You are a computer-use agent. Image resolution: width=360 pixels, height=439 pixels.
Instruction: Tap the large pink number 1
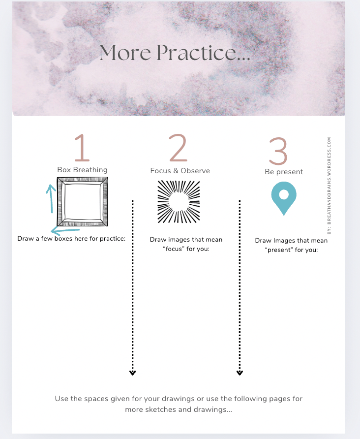tap(82, 148)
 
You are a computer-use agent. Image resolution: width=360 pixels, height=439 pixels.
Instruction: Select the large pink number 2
tap(178, 148)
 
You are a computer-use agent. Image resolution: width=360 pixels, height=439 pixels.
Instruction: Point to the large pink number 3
tap(278, 151)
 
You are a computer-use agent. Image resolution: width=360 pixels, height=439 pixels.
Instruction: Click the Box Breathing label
tap(82, 170)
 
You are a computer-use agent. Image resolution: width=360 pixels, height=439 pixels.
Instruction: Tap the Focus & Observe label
tap(180, 171)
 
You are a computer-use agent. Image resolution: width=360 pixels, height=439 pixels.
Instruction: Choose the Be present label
tap(284, 172)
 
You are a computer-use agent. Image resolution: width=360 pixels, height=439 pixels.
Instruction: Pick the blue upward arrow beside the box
tap(51, 198)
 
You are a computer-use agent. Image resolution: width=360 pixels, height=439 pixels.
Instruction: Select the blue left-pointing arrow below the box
tap(65, 231)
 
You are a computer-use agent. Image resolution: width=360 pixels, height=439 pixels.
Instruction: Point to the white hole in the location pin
tap(284, 194)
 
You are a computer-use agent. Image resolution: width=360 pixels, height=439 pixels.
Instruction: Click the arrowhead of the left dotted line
tap(133, 373)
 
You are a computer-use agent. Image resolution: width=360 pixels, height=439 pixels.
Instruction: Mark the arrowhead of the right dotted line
tap(240, 373)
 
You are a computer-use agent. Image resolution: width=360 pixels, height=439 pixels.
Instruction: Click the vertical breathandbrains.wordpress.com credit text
tap(329, 186)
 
